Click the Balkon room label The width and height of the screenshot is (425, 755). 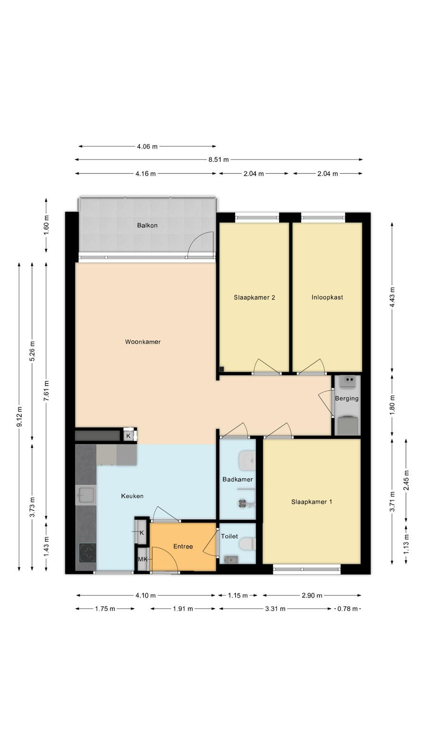(x=147, y=225)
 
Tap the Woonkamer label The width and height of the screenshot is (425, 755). (x=143, y=342)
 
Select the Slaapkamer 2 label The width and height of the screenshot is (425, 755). (x=255, y=297)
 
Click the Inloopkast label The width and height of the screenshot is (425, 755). (x=327, y=297)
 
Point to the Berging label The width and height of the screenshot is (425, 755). (x=347, y=398)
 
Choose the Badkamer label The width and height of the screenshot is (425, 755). (x=238, y=479)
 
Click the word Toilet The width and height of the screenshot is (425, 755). (x=229, y=536)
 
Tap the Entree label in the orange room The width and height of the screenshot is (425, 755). (x=183, y=546)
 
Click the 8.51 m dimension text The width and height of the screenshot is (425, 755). (x=219, y=159)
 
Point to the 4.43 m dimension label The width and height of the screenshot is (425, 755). (x=392, y=297)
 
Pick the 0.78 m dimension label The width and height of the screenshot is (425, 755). (x=348, y=609)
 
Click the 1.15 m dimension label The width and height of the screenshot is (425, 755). (x=238, y=596)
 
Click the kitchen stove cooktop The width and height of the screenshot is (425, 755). (x=87, y=553)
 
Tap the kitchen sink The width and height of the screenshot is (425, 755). (x=85, y=495)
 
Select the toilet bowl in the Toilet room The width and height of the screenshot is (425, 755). (x=247, y=544)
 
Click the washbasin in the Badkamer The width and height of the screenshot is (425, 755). (x=247, y=461)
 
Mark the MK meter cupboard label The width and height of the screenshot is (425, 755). (x=142, y=560)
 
